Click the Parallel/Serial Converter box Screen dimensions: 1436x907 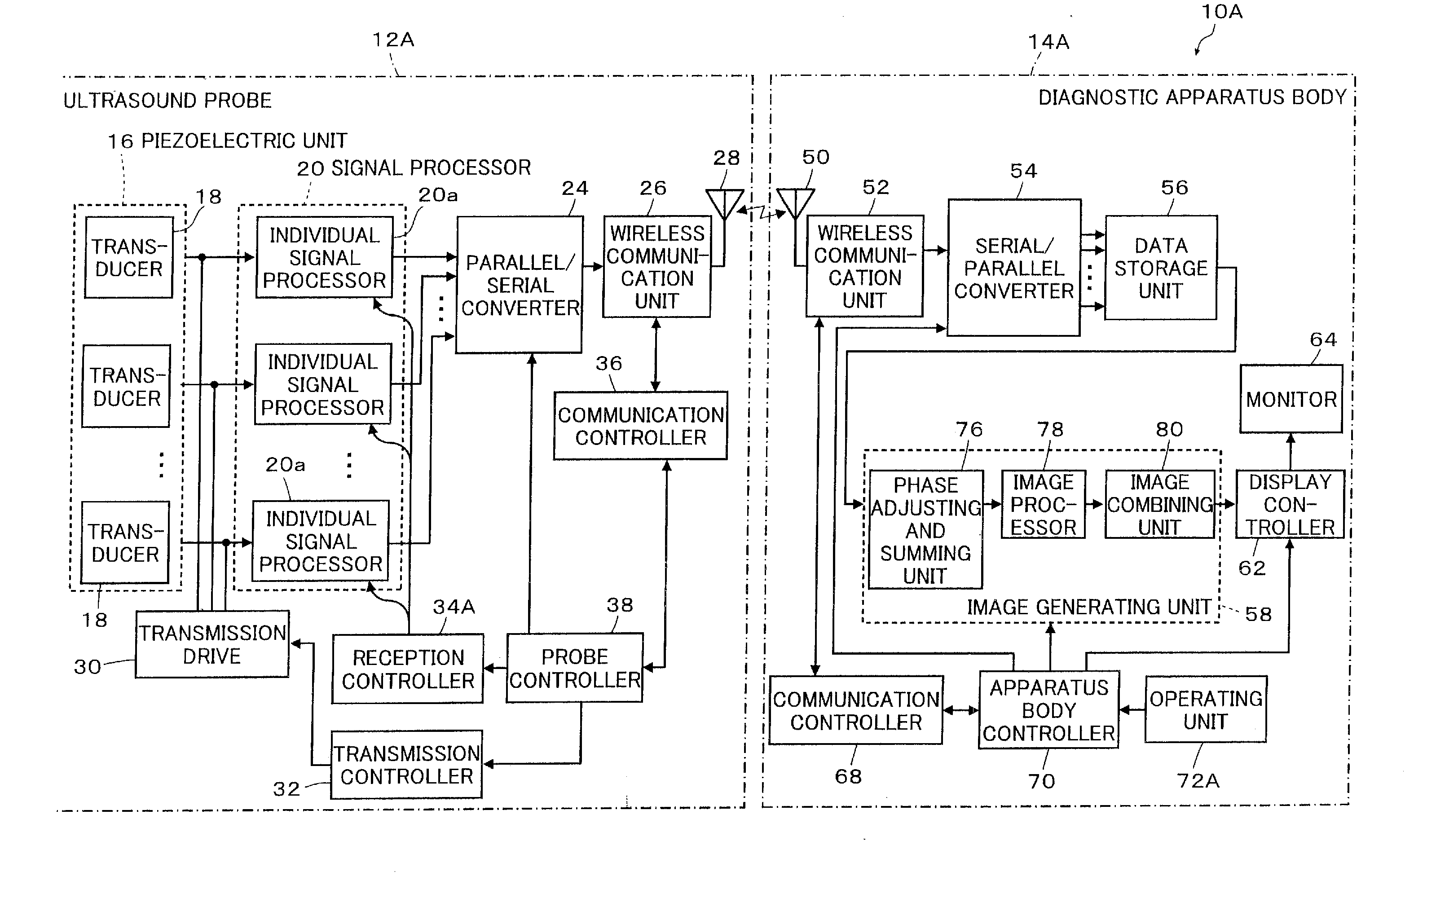point(519,284)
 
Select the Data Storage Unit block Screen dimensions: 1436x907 point(1160,268)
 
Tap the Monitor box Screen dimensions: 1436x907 point(1291,399)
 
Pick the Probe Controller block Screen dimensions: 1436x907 point(575,668)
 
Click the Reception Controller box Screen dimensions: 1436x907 point(408,669)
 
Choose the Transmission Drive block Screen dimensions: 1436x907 point(212,644)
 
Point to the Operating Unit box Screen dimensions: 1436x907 point(1205,709)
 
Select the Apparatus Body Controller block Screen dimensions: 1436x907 point(1048,709)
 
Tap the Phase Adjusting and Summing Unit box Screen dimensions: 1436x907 point(925,529)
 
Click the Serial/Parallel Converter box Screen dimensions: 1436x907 point(1014,268)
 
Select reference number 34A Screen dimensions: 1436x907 point(454,607)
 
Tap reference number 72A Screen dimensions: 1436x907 point(1198,780)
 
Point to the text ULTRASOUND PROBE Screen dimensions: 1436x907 point(167,100)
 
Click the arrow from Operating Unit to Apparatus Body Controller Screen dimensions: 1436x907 point(1132,709)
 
